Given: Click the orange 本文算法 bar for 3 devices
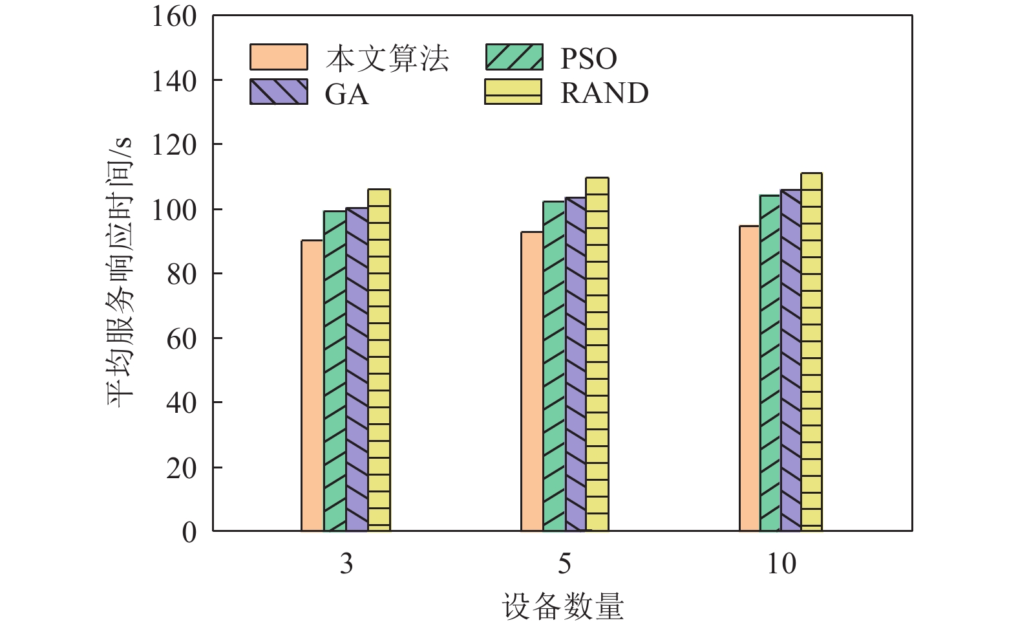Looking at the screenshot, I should (312, 386).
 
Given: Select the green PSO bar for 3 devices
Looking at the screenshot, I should (335, 371).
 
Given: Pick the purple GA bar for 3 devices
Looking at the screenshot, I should (357, 369).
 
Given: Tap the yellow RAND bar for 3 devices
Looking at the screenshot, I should (379, 360).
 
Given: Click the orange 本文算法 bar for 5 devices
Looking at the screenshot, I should (532, 381).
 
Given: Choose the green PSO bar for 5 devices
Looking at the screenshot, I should (554, 366).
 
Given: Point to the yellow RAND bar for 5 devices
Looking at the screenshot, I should (597, 354).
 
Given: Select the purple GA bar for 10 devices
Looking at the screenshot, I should (790, 360).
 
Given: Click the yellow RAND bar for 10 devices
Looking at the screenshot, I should (812, 352).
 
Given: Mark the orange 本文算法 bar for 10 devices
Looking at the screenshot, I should (750, 379).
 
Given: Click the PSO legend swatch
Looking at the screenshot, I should (514, 57).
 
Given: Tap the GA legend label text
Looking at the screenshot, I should (347, 94).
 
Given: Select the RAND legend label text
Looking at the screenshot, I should (604, 93).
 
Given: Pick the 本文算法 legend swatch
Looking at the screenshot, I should (279, 57).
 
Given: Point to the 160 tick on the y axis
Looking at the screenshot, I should (175, 17).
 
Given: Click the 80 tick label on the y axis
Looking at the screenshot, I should (182, 274).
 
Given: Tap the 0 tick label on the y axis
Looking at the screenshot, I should (189, 532).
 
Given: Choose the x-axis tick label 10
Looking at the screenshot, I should (781, 564).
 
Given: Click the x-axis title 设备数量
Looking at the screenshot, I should (562, 606).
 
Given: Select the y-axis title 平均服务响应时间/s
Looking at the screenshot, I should (120, 272).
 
